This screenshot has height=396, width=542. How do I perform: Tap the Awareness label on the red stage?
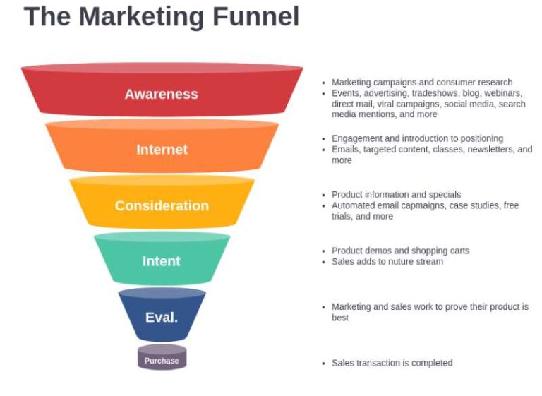[162, 94]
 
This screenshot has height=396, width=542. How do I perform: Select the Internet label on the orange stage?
[162, 150]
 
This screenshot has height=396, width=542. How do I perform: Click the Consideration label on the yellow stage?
[162, 205]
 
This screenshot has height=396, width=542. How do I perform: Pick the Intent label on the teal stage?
[162, 261]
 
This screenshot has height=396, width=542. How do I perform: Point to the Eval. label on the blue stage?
[162, 317]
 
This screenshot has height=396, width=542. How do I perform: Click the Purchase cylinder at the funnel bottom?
[162, 360]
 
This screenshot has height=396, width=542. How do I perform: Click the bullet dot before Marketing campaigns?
[323, 83]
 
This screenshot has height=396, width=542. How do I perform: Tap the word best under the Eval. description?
[340, 318]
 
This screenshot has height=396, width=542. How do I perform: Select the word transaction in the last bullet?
[377, 363]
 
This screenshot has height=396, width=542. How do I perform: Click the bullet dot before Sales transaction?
[323, 363]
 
